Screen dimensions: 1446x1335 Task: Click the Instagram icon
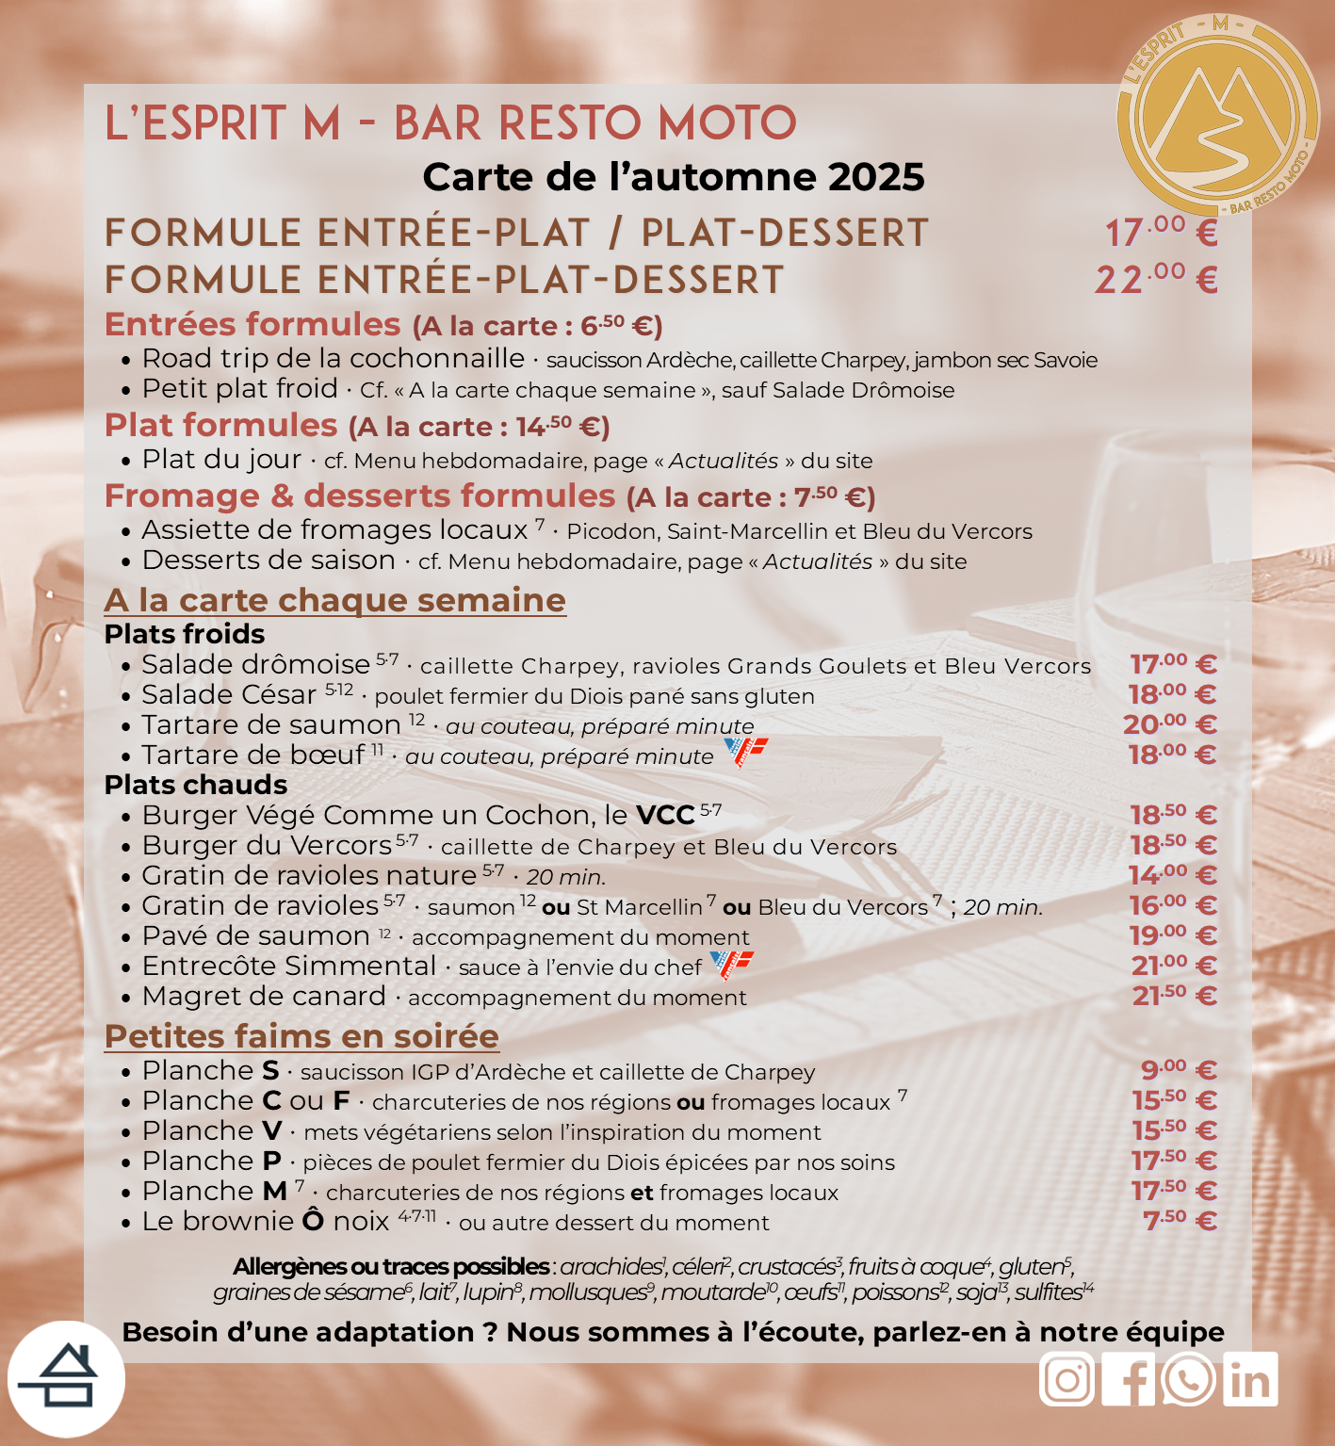click(1066, 1380)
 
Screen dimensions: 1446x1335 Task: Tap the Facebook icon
click(1128, 1380)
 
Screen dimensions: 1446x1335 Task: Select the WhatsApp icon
click(1188, 1380)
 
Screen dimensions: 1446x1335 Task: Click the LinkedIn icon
click(1250, 1380)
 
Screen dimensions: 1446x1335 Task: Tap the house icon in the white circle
click(66, 1379)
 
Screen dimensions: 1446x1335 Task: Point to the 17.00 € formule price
click(1161, 233)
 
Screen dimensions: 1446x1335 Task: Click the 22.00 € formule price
click(1156, 280)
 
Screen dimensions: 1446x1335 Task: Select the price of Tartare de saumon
click(1171, 724)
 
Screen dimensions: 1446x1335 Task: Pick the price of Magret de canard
click(1174, 996)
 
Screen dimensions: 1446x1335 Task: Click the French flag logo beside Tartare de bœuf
click(745, 752)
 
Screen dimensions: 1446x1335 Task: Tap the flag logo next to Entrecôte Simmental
click(731, 965)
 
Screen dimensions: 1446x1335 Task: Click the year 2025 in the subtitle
click(875, 177)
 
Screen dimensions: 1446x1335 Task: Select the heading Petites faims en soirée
click(301, 1036)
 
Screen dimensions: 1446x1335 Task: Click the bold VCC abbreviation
click(665, 816)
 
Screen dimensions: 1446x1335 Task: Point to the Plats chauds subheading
click(196, 785)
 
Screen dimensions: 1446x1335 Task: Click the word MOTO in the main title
click(727, 124)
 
